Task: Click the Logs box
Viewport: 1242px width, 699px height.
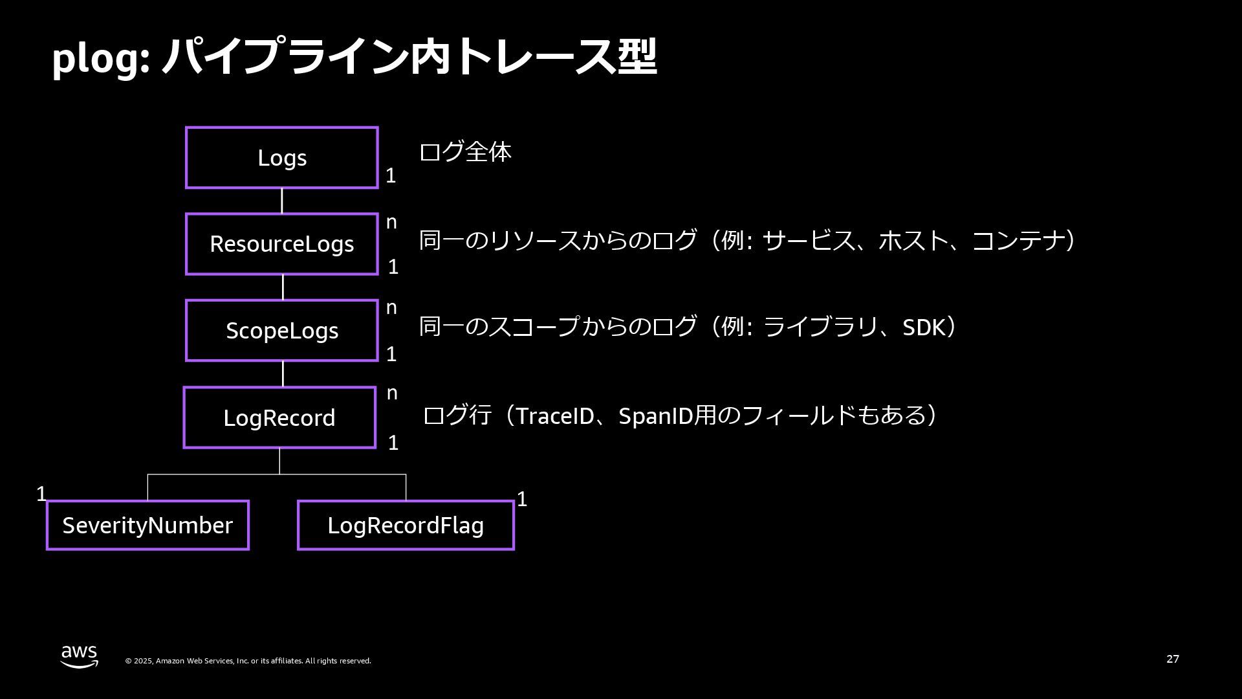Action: click(x=282, y=158)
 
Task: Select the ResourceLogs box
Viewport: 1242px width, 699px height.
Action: click(x=282, y=244)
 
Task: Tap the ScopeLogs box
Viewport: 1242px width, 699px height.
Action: click(x=282, y=330)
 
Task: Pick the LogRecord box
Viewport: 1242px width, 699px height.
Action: click(x=279, y=417)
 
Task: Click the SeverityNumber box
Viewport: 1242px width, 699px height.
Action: click(x=147, y=525)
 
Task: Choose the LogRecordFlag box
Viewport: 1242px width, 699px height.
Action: click(x=406, y=525)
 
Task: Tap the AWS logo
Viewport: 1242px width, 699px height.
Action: click(x=80, y=656)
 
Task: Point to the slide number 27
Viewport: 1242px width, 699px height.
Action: click(x=1173, y=659)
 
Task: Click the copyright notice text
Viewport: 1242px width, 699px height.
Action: click(x=248, y=661)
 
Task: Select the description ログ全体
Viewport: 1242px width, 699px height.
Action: click(x=465, y=152)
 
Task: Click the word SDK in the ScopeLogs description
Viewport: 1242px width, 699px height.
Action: click(x=924, y=327)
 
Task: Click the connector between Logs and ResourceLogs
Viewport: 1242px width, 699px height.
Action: click(x=281, y=201)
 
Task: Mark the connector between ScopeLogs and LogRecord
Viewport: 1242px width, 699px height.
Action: click(x=283, y=373)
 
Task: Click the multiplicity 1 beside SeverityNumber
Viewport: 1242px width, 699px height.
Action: click(x=41, y=494)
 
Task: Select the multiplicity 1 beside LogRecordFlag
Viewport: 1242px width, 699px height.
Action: click(x=522, y=500)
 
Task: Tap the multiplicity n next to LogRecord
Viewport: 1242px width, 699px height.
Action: click(x=392, y=393)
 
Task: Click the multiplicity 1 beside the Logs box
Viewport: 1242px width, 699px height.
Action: click(x=391, y=175)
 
